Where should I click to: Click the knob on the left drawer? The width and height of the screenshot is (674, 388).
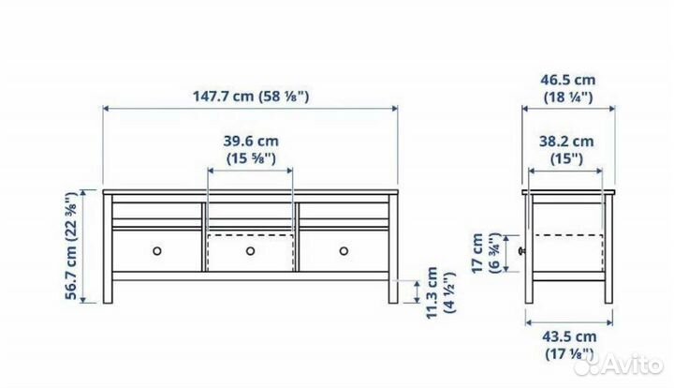coord(157,250)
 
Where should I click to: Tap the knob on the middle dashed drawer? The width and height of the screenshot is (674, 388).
coord(250,250)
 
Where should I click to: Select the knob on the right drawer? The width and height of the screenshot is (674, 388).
coord(343,250)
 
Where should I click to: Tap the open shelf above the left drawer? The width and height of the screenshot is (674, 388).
coord(157,211)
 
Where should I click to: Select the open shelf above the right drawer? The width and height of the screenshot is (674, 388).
coord(343,211)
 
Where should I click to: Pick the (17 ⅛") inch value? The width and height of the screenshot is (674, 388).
coord(568,353)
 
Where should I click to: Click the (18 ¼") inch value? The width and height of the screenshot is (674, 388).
coord(568,97)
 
